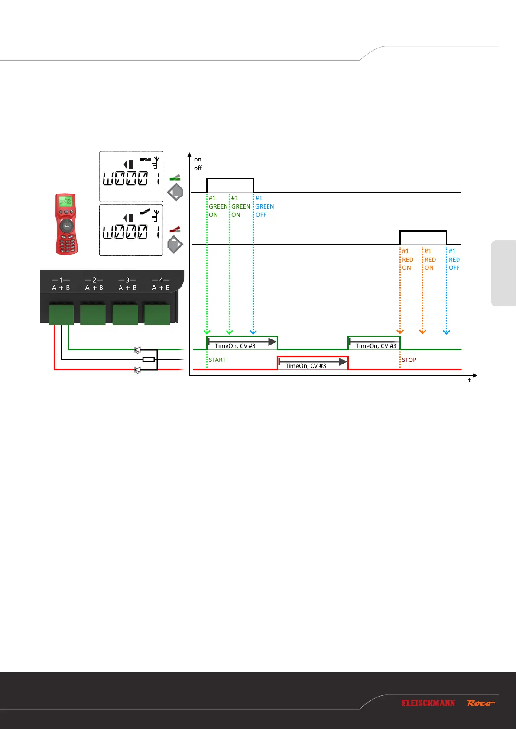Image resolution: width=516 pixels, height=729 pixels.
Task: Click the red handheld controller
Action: click(x=66, y=224)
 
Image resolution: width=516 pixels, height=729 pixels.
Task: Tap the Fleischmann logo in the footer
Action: click(x=428, y=703)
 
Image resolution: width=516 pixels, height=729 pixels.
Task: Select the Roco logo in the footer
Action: click(x=480, y=703)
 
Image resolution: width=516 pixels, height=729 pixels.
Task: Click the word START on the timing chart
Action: click(x=217, y=360)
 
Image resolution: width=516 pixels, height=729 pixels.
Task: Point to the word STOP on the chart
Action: click(x=409, y=360)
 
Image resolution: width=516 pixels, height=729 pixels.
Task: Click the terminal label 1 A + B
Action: click(x=61, y=284)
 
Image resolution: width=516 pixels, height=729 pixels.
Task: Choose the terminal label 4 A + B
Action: click(x=161, y=284)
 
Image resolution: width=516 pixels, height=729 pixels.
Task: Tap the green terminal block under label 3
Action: click(x=125, y=314)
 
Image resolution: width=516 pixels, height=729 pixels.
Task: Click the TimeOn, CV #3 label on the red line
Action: click(x=306, y=366)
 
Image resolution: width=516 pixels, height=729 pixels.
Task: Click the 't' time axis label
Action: click(x=469, y=380)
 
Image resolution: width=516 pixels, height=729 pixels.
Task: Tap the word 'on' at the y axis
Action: click(x=198, y=159)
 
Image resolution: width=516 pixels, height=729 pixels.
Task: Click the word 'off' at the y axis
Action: click(x=198, y=168)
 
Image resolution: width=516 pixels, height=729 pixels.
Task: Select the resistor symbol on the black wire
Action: click(x=149, y=359)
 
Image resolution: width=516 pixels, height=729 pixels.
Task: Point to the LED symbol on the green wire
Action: click(x=138, y=350)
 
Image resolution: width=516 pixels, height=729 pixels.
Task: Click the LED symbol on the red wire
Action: click(x=138, y=370)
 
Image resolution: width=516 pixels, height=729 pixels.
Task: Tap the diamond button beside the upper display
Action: click(x=175, y=192)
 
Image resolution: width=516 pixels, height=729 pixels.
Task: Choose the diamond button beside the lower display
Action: click(x=175, y=245)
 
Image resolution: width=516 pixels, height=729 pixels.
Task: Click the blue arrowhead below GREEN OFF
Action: click(x=253, y=332)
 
